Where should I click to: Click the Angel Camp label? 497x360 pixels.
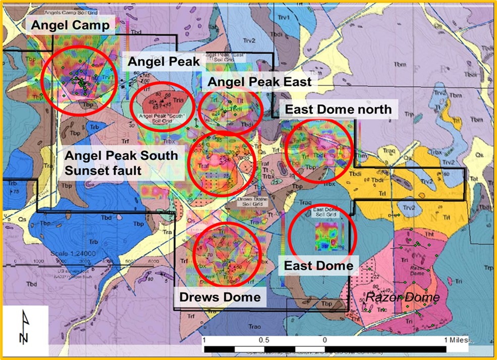[x=70, y=26]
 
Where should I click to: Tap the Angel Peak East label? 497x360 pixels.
[x=260, y=81]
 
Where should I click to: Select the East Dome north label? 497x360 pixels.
[x=338, y=109]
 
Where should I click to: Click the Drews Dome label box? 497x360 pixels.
[x=220, y=296]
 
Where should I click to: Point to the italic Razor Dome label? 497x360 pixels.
[x=402, y=297]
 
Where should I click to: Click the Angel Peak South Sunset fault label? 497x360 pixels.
[x=121, y=162]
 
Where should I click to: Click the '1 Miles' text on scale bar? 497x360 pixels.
[x=457, y=340]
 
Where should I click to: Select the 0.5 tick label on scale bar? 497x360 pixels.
[x=263, y=340]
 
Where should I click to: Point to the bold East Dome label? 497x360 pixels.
[x=318, y=265]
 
